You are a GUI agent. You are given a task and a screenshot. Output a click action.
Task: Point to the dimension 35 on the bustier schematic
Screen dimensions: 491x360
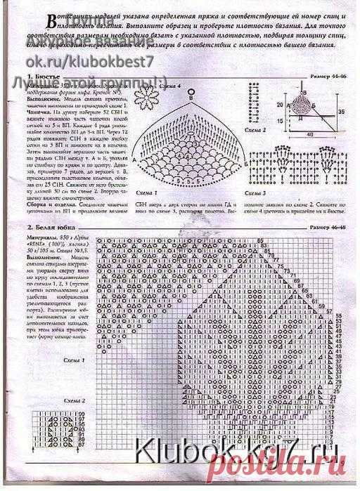click(341, 110)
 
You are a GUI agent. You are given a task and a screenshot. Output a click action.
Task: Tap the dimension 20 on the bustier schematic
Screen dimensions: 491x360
click(279, 104)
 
